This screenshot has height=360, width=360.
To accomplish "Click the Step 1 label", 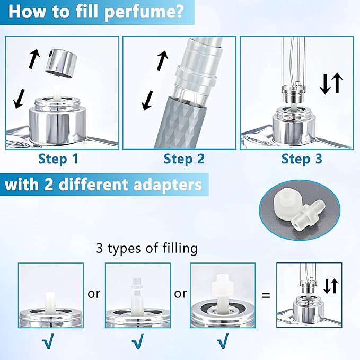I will [59, 159].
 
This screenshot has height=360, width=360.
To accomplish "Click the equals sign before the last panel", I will [266, 294].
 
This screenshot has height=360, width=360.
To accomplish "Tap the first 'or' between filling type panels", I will [94, 293].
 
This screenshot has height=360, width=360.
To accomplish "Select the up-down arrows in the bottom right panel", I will [331, 286].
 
